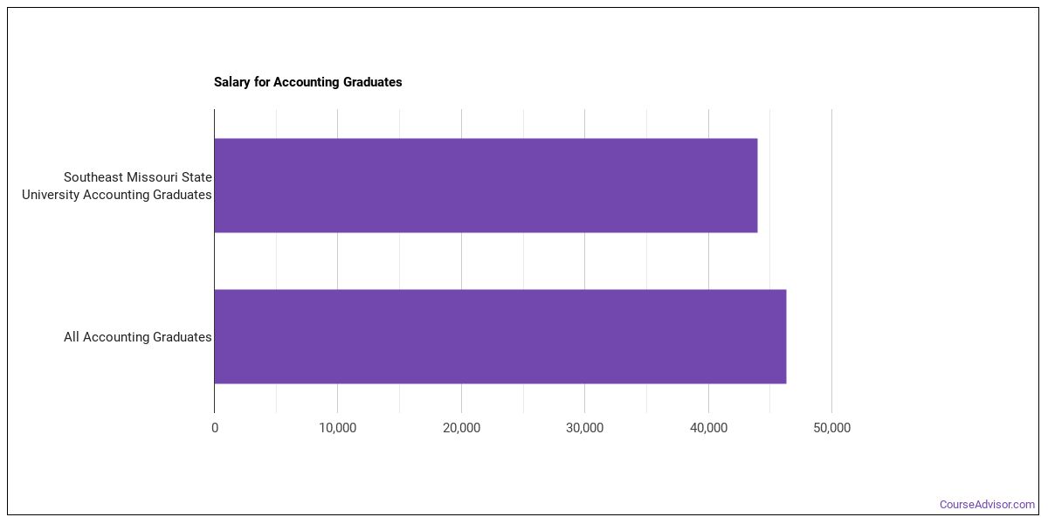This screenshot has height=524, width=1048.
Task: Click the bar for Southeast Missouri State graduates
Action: tap(486, 185)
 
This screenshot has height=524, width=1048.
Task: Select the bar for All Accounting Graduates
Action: tap(500, 336)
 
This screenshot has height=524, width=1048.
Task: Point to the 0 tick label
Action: tap(215, 428)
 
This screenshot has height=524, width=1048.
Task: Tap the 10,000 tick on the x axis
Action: tap(337, 428)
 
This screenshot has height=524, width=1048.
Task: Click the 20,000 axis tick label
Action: tap(461, 428)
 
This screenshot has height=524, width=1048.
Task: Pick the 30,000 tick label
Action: tap(584, 428)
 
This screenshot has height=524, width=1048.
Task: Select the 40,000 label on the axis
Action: tap(708, 428)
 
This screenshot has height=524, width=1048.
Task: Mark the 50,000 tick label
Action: tap(831, 428)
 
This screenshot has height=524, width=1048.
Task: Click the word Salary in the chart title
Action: tap(232, 82)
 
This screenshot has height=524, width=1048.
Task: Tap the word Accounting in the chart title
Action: tap(307, 82)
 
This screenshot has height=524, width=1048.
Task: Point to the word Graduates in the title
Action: tap(372, 82)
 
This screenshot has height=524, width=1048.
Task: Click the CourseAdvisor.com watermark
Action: tap(987, 505)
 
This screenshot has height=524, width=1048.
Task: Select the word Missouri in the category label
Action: tap(154, 177)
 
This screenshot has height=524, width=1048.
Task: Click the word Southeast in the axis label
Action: tap(93, 177)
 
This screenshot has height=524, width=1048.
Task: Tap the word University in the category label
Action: tap(51, 195)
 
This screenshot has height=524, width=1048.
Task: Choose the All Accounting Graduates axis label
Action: tap(138, 337)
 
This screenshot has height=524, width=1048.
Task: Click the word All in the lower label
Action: tap(71, 337)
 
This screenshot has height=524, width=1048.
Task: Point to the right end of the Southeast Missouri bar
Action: tap(757, 185)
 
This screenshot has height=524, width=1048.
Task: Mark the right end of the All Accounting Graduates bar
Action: tap(786, 336)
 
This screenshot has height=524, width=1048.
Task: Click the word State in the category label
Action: tap(198, 177)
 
